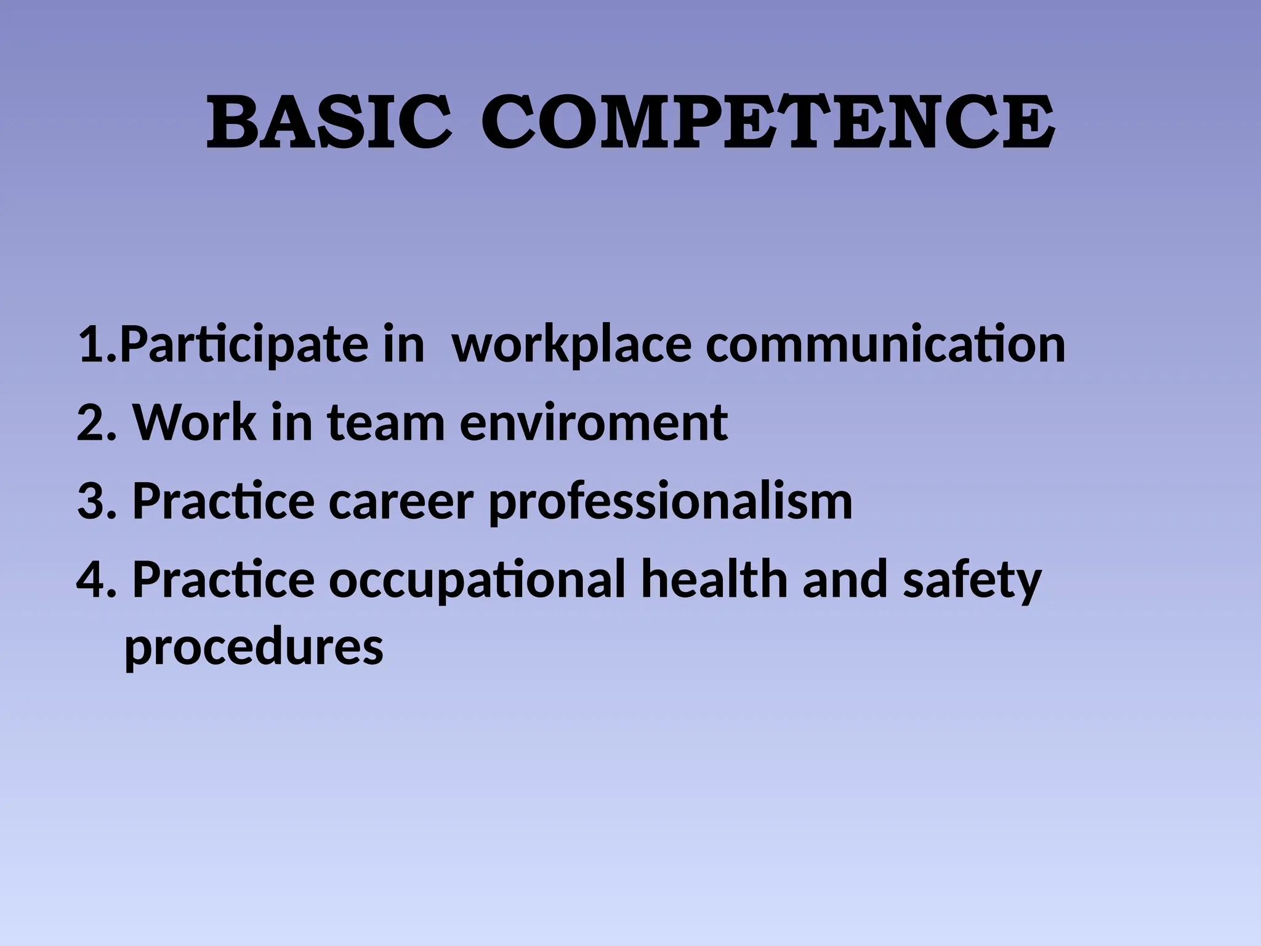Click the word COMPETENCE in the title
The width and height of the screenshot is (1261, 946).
767,123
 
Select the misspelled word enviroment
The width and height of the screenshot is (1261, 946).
594,424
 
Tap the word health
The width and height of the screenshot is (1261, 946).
714,579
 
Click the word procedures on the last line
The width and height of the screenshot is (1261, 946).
254,648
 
